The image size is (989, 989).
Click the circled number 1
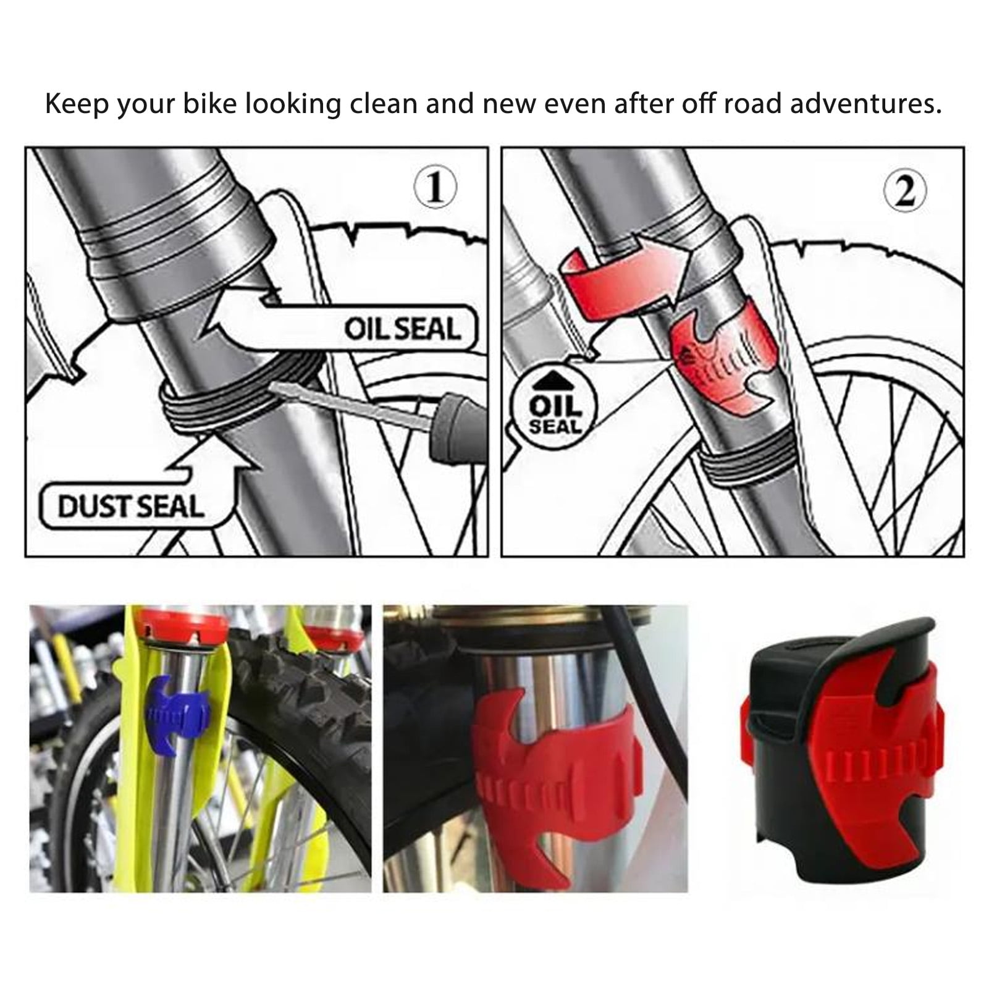point(436,189)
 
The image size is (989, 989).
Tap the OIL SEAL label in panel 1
point(402,329)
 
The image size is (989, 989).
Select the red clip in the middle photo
point(544,772)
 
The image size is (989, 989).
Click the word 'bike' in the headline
point(209,104)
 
